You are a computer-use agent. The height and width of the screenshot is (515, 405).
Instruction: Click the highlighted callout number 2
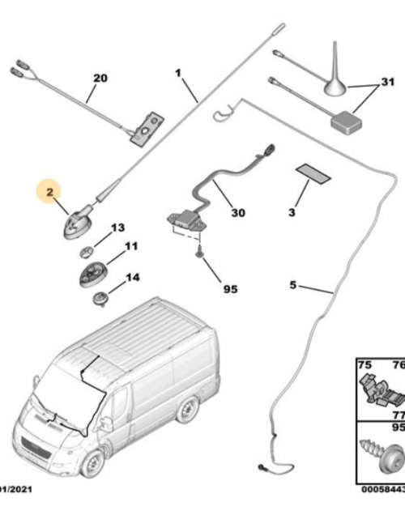(x=49, y=193)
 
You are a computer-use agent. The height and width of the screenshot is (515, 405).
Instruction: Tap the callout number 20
(x=100, y=79)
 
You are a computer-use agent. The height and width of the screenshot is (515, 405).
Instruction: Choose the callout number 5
(x=294, y=285)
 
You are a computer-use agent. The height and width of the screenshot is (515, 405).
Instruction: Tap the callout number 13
(x=118, y=228)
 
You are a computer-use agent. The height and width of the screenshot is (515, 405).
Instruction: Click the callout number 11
(x=130, y=246)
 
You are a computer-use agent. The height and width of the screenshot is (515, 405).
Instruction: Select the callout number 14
(x=131, y=278)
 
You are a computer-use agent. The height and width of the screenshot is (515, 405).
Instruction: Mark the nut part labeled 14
(x=101, y=298)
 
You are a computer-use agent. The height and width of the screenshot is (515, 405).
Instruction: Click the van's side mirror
(x=105, y=422)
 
